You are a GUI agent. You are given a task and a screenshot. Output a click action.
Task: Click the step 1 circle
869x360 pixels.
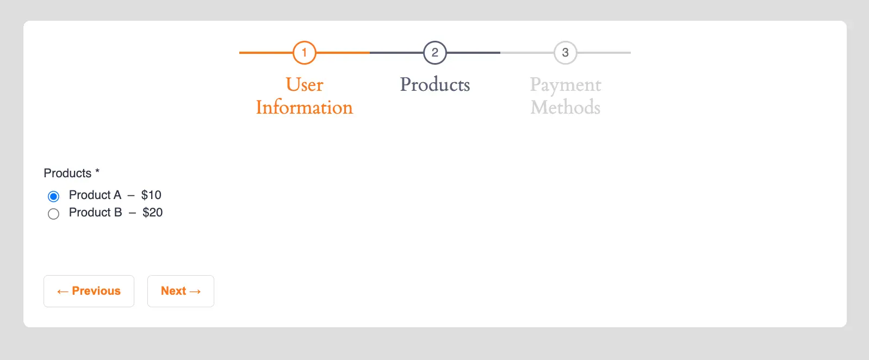click(x=305, y=41)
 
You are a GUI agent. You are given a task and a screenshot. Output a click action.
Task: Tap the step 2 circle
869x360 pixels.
click(x=435, y=41)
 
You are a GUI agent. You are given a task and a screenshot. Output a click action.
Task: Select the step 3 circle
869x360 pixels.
click(x=565, y=41)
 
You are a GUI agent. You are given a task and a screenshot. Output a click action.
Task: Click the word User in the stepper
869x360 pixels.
click(x=305, y=85)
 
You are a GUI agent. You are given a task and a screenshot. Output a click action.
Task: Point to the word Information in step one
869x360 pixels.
click(x=305, y=108)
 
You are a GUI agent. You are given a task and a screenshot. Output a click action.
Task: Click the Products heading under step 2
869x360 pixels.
click(x=435, y=85)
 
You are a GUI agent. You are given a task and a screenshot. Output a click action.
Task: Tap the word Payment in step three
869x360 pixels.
click(x=565, y=85)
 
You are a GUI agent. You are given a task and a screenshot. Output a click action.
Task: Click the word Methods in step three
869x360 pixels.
click(x=565, y=108)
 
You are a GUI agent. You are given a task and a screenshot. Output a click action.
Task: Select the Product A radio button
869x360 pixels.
click(x=53, y=196)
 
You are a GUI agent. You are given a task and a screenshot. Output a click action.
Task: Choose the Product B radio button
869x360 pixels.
click(x=53, y=214)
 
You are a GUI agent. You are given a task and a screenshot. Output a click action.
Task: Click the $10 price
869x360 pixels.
click(x=151, y=195)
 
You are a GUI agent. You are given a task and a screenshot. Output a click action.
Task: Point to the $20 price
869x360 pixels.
click(x=152, y=212)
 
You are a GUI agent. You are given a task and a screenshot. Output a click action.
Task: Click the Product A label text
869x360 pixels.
click(x=95, y=195)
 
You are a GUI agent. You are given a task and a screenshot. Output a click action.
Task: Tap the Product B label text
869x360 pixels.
click(x=95, y=212)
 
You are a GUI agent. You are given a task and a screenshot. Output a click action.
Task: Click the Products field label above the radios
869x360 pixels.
click(x=67, y=173)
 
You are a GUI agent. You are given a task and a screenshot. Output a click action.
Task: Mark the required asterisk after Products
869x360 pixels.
click(x=97, y=171)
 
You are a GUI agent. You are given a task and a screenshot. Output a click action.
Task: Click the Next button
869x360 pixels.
click(x=181, y=291)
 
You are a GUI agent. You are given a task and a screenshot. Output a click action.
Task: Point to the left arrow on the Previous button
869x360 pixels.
click(x=63, y=291)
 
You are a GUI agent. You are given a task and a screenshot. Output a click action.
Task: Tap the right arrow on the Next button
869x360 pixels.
click(x=195, y=291)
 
